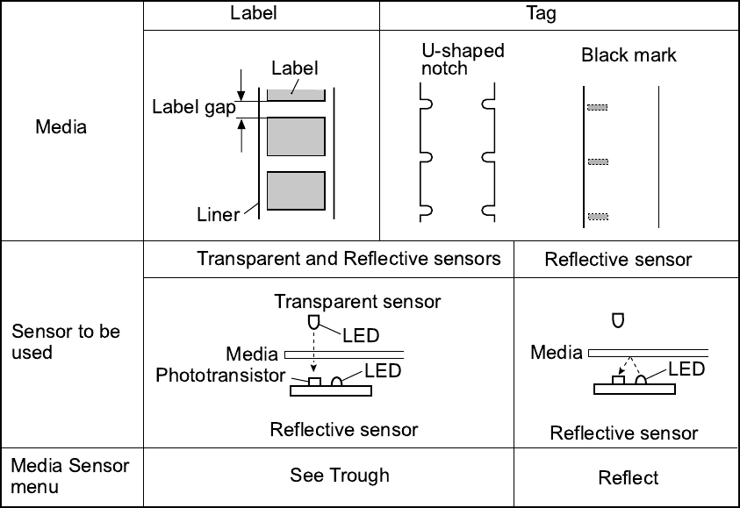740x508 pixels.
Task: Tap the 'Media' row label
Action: click(x=61, y=127)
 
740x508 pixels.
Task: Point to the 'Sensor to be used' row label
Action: click(x=66, y=342)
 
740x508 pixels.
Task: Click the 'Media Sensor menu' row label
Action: click(x=70, y=475)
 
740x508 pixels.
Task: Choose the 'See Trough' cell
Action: click(x=340, y=476)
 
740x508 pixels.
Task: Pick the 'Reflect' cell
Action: click(x=629, y=478)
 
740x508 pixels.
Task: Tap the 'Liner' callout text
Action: click(x=219, y=215)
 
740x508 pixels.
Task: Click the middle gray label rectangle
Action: click(x=296, y=136)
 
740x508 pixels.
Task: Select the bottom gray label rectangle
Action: click(x=296, y=191)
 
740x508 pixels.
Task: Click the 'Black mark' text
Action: click(x=629, y=55)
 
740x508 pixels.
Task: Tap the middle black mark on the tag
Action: click(x=598, y=162)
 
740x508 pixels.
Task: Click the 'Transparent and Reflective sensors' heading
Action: click(x=349, y=258)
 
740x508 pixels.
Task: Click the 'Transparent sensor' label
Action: click(x=357, y=302)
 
